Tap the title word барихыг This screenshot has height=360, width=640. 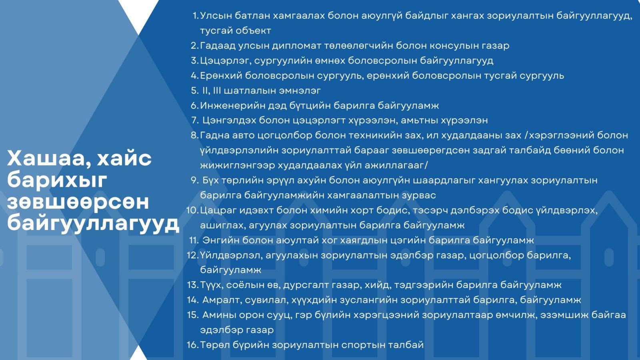point(57,180)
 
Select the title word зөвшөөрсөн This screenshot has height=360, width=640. point(78,202)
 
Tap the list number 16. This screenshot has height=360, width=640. point(192,345)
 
